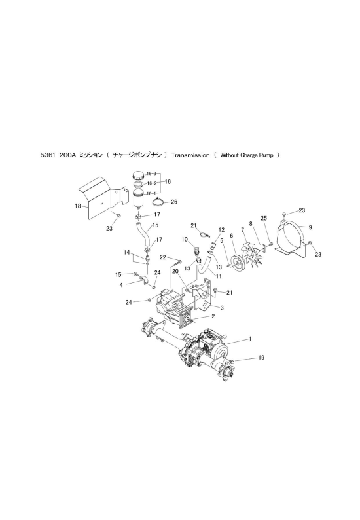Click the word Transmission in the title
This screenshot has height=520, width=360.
pos(190,155)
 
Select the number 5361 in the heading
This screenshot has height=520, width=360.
pos(47,155)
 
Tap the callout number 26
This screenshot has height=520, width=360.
pos(174,202)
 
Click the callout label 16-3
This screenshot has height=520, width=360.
pos(151,174)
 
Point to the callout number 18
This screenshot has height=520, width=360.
pos(78,206)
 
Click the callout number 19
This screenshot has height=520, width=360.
pos(261,358)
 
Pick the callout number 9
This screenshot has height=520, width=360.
pos(310,227)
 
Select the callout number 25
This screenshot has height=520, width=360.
pos(264,219)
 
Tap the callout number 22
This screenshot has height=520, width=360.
pos(163,257)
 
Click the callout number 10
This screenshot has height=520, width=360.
pos(185,240)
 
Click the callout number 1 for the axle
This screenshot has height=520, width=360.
pos(250,339)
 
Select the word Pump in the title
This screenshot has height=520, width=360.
pos(268,155)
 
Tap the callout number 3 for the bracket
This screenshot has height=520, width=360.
pos(222,308)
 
